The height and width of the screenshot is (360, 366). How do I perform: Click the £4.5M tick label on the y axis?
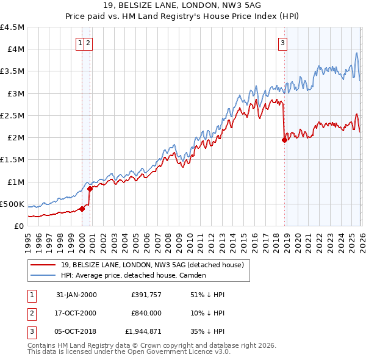click(x=12, y=27)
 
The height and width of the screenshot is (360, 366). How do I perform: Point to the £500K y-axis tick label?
click(x=12, y=204)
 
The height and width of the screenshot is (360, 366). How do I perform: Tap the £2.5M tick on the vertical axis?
click(x=12, y=115)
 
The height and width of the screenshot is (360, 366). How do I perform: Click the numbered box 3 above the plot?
click(x=283, y=43)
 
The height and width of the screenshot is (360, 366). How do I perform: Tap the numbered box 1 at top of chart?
click(x=81, y=43)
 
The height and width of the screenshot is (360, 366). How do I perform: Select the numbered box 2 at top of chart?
click(x=89, y=43)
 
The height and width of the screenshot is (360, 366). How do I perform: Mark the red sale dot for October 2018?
click(x=284, y=140)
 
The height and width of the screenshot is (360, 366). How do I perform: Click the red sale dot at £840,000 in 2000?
click(x=90, y=189)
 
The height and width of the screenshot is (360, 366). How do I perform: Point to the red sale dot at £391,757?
click(x=82, y=209)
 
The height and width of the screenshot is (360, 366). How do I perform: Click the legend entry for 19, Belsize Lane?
click(x=152, y=265)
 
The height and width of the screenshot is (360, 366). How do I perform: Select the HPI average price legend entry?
click(x=134, y=275)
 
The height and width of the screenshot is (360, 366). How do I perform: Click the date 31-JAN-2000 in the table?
click(x=76, y=295)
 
